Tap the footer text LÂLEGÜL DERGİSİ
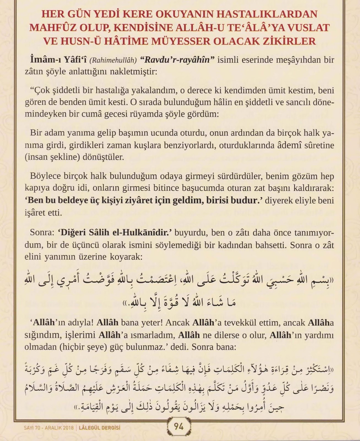(x=100, y=428)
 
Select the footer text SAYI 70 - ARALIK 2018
(x=49, y=428)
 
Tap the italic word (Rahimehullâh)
(x=113, y=60)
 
